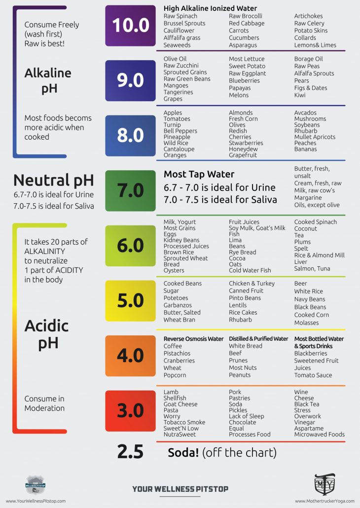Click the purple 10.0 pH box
pos(130,26)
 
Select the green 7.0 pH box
pos(130,190)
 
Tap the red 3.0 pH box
pos(130,410)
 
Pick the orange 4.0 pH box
pos(130,356)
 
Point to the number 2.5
pos(130,452)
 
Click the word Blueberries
pos(244,80)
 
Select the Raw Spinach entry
pos(180,16)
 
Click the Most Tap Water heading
pos(199,174)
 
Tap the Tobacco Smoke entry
pos(184,422)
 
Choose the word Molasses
pos(306,323)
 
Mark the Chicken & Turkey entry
pos(252,284)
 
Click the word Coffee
pos(173,346)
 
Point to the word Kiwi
pos(300,95)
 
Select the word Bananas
pos(305,149)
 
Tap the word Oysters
pos(174,270)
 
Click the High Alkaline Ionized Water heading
pos(210,8)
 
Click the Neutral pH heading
pos(53,181)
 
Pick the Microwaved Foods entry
pos(319,435)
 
